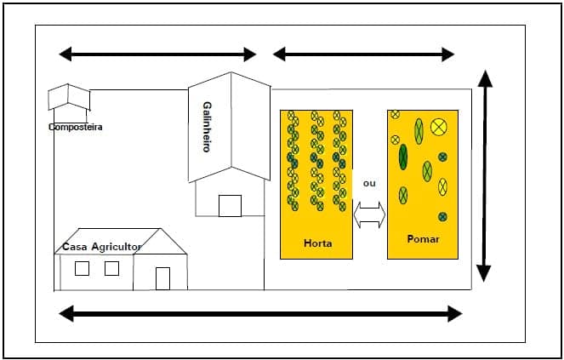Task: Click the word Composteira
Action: (x=75, y=128)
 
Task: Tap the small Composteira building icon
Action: (x=69, y=98)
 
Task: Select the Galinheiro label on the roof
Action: (x=207, y=127)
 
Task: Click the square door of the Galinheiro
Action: (x=230, y=206)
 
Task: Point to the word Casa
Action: (x=75, y=247)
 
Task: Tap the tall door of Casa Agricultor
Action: (x=162, y=278)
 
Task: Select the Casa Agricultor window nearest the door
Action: (x=111, y=268)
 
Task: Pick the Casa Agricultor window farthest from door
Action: (x=82, y=268)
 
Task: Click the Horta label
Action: (x=317, y=243)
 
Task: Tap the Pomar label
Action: (x=423, y=239)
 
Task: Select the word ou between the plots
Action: (x=369, y=183)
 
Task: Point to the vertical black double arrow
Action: (x=484, y=176)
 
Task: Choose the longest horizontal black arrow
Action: (x=259, y=314)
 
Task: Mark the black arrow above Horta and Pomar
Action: (x=363, y=54)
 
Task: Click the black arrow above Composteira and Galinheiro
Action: (x=157, y=54)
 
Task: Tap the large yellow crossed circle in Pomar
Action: (x=439, y=128)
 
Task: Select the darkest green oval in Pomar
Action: (x=403, y=157)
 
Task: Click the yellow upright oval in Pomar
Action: (x=442, y=187)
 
